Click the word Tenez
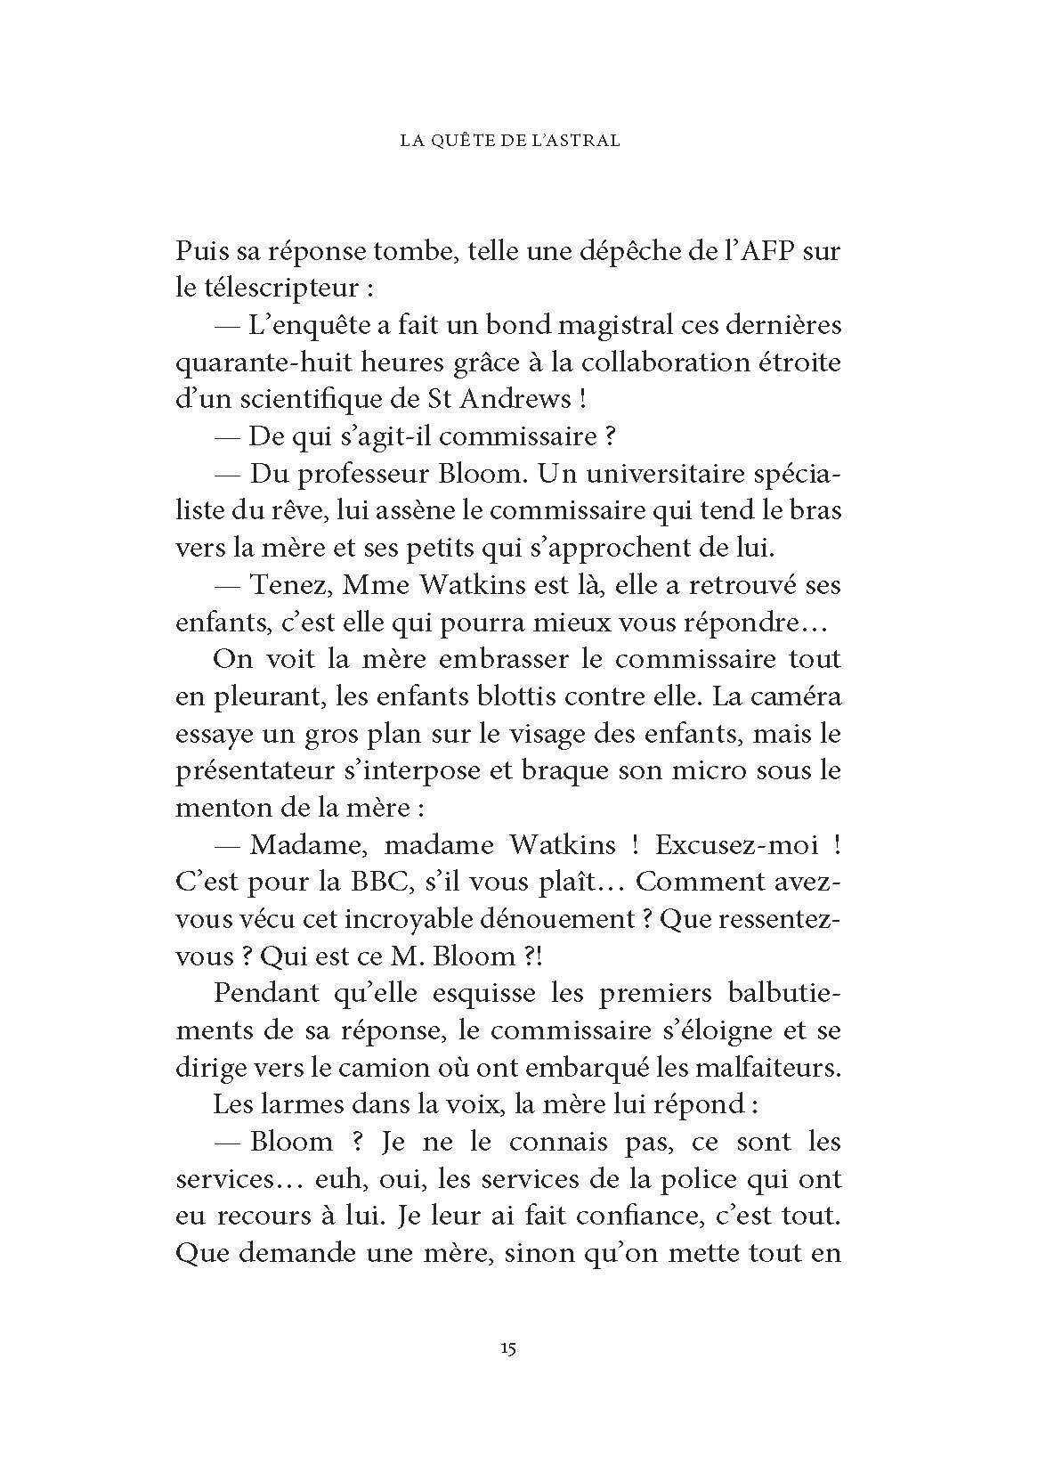pyautogui.click(x=286, y=585)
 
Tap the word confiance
pyautogui.click(x=645, y=1216)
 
